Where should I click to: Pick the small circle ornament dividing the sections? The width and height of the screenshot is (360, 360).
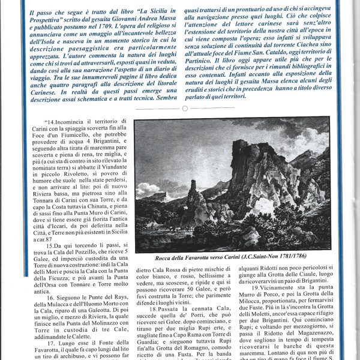185,108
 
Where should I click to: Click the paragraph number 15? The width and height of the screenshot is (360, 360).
49,246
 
